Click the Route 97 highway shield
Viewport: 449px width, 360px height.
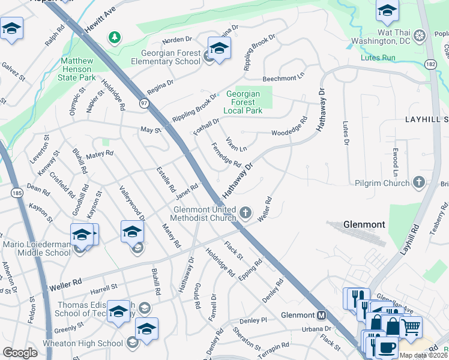point(144,104)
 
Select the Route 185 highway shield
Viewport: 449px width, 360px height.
point(17,193)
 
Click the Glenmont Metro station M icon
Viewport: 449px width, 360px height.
point(322,315)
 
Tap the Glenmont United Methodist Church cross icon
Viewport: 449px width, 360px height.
point(245,212)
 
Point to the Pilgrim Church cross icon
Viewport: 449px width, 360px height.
point(419,182)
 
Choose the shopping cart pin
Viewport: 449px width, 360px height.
point(410,327)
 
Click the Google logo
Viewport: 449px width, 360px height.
point(20,352)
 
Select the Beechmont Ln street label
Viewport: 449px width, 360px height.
point(284,79)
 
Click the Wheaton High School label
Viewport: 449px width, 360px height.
point(83,343)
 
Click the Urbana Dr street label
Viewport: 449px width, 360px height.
point(316,329)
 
